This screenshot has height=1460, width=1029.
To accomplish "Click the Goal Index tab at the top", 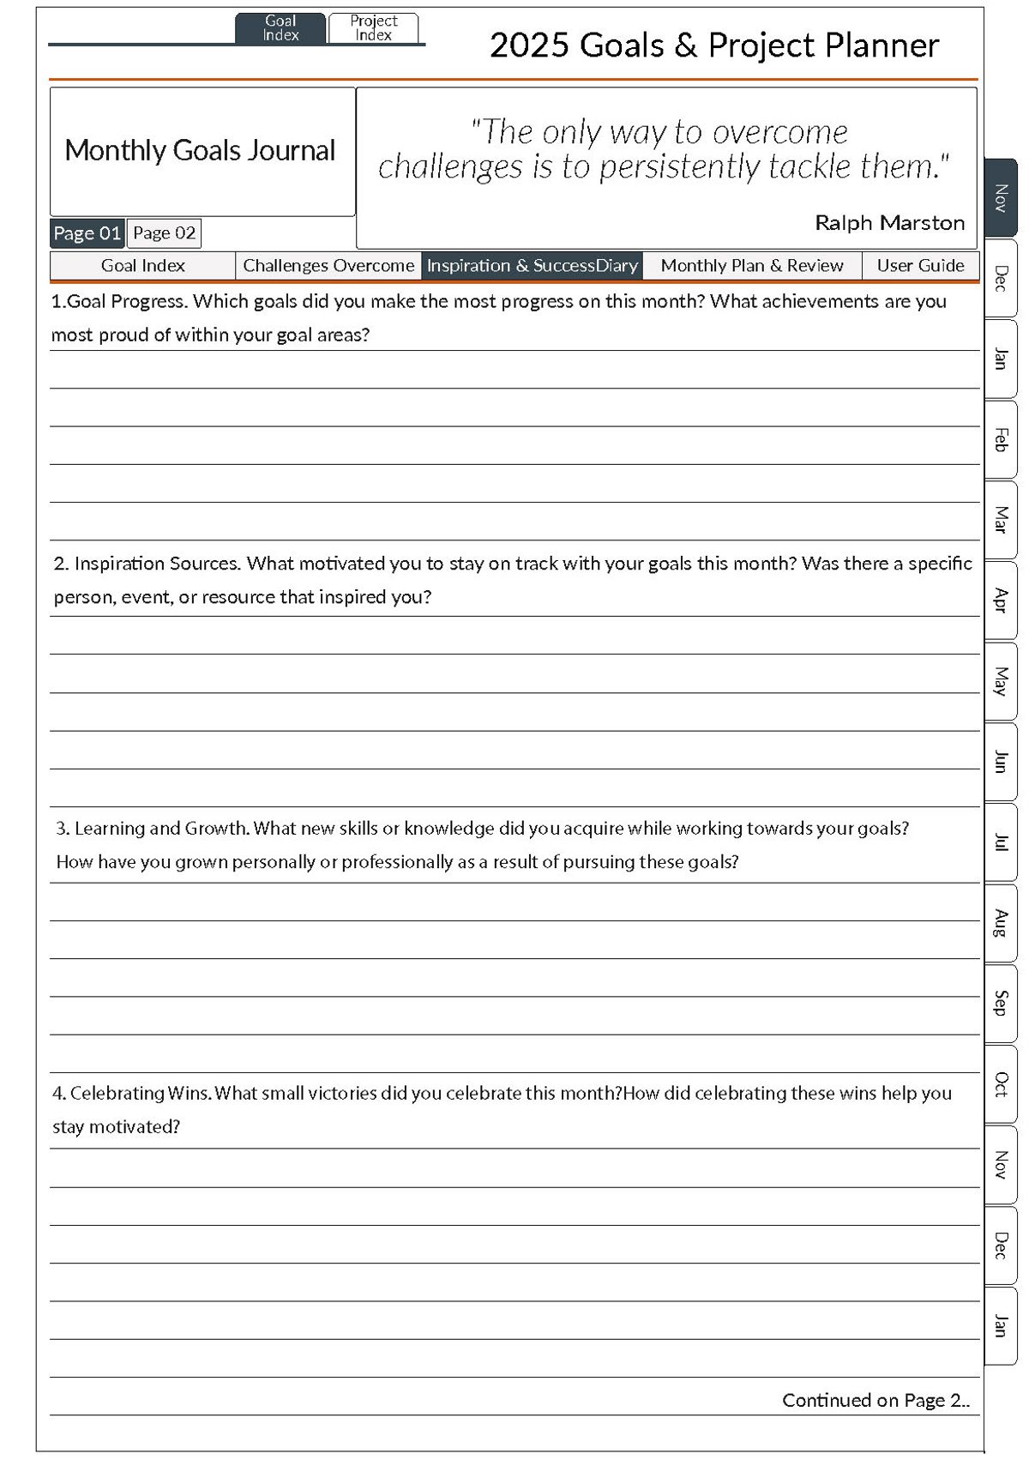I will point(280,28).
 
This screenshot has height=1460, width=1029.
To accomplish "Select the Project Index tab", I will point(373,28).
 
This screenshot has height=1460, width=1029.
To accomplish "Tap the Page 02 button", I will point(164,233).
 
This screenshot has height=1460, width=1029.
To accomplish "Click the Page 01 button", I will point(87,233).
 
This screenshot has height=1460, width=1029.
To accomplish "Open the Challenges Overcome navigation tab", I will point(328,266).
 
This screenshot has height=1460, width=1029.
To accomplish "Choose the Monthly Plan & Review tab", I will point(752,266).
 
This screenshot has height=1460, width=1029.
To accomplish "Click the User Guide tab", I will point(920,266).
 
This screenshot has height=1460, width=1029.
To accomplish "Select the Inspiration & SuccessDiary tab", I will point(533,266).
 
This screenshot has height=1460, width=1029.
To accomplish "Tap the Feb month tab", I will point(1000,439).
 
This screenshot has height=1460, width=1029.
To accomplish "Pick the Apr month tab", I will point(1000,600).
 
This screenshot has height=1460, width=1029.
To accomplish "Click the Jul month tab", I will point(1000,842).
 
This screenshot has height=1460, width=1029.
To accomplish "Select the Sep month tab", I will point(1000,1003).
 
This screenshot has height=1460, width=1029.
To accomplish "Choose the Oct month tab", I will point(1000,1083).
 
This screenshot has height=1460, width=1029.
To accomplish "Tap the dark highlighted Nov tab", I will point(1000,198).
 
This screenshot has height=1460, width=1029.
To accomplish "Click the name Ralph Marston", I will point(889,223).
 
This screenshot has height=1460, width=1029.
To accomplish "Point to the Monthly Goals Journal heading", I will point(200,151).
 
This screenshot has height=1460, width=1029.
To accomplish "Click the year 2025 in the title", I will point(528,45).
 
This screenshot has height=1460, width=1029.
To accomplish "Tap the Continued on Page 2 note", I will point(876,1400).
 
